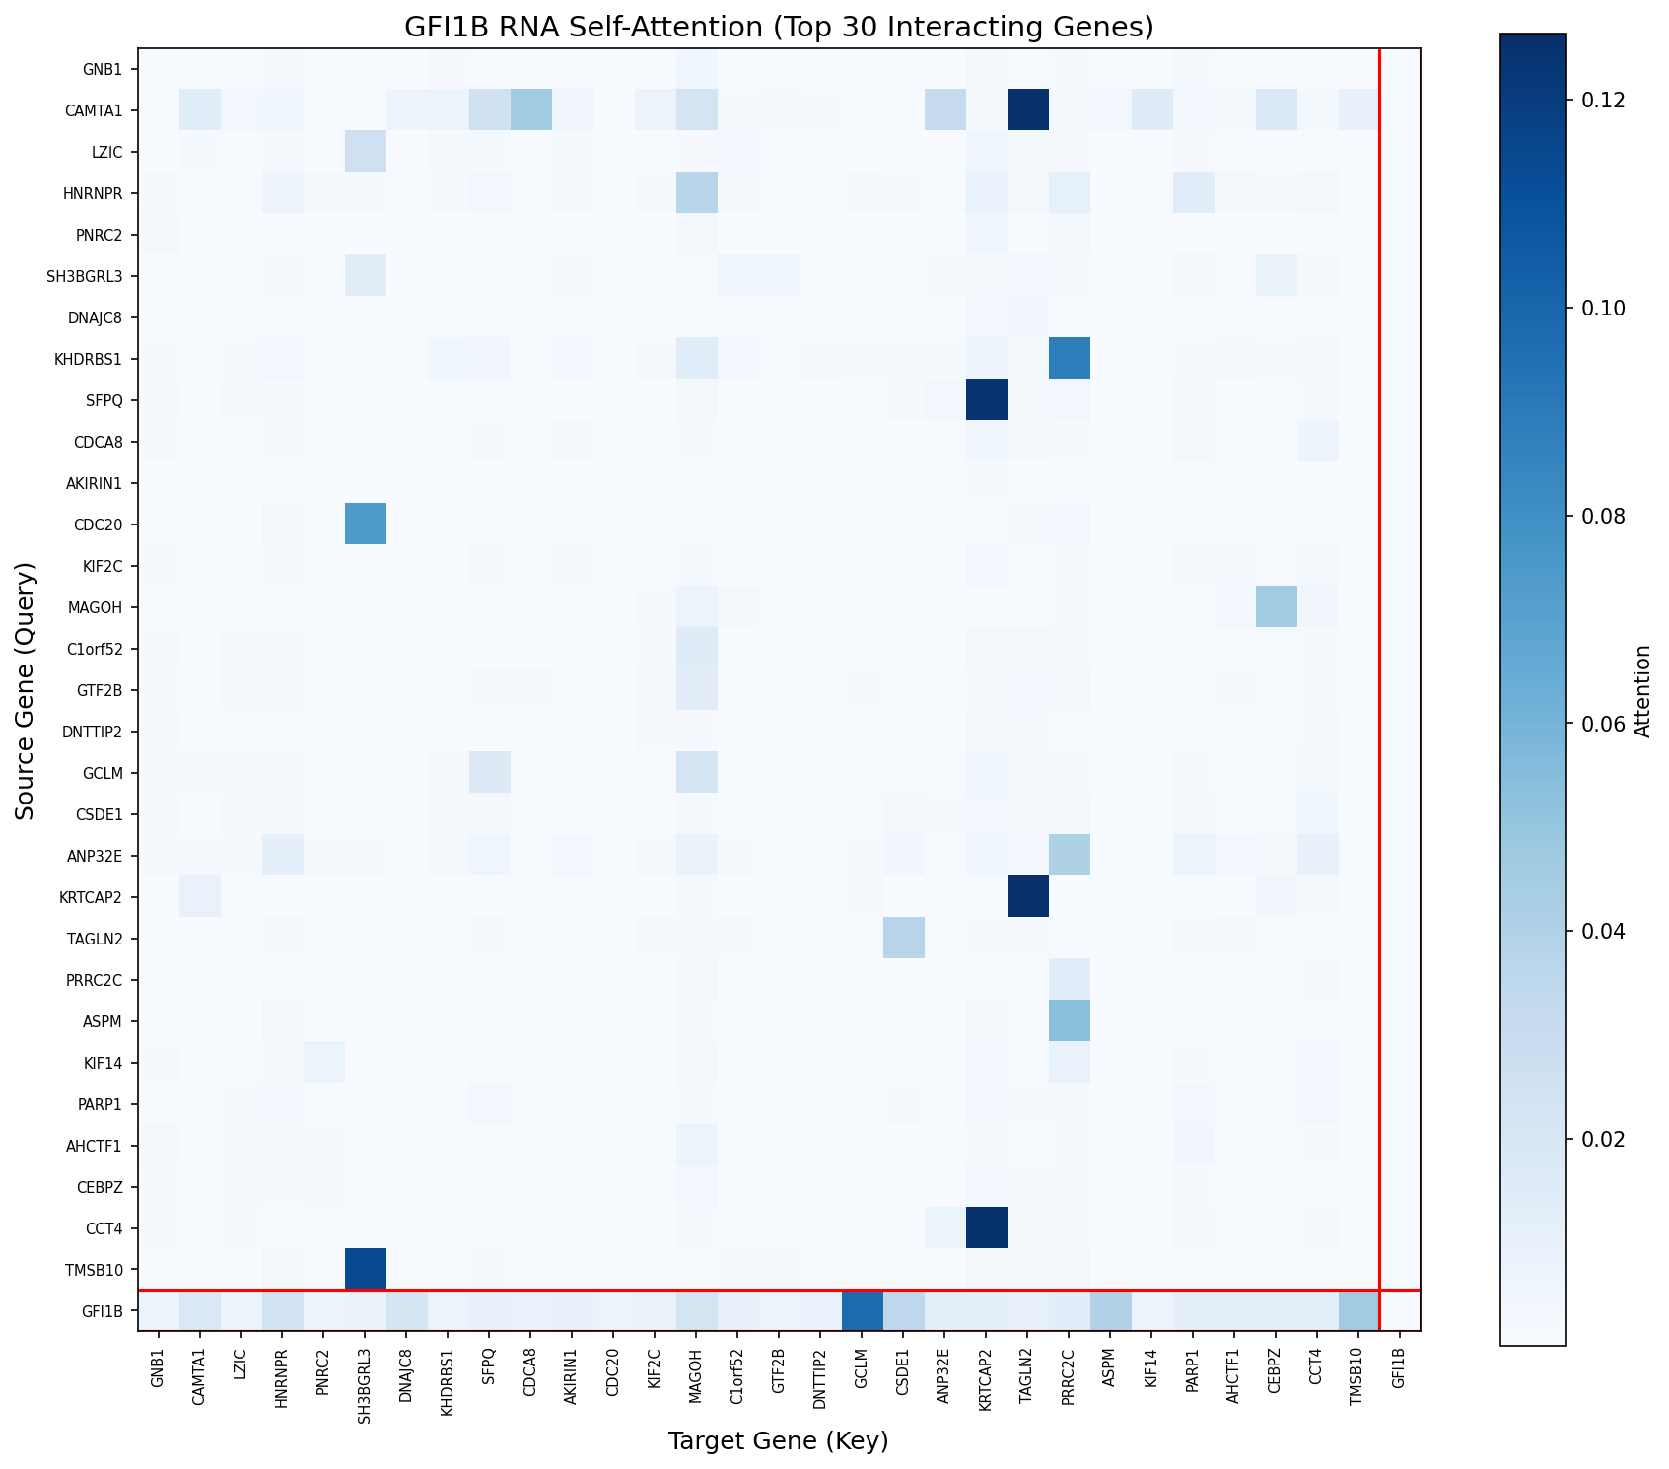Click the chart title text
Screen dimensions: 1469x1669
click(x=779, y=27)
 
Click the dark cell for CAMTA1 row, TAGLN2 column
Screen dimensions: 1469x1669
click(x=1027, y=110)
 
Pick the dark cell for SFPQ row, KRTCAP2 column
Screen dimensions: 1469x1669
click(x=987, y=400)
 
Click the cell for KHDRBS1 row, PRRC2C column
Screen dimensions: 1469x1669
click(x=1069, y=359)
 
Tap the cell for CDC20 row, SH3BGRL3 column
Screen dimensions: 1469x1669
click(x=366, y=525)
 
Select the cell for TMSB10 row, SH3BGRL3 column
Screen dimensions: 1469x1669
click(x=366, y=1269)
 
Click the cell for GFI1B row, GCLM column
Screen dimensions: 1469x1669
click(x=862, y=1310)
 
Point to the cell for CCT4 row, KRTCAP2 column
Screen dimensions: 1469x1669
click(x=987, y=1227)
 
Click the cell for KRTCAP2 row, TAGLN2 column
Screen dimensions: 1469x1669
click(x=1027, y=896)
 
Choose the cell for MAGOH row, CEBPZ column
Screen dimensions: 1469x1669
click(x=1276, y=607)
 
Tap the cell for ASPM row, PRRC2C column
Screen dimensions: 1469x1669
click(x=1069, y=1020)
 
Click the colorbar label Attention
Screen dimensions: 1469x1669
click(x=1642, y=690)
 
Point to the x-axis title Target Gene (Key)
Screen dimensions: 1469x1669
click(x=779, y=1441)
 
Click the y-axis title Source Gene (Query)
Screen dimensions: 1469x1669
click(x=26, y=690)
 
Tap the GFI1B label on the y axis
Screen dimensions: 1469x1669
click(x=104, y=1310)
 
